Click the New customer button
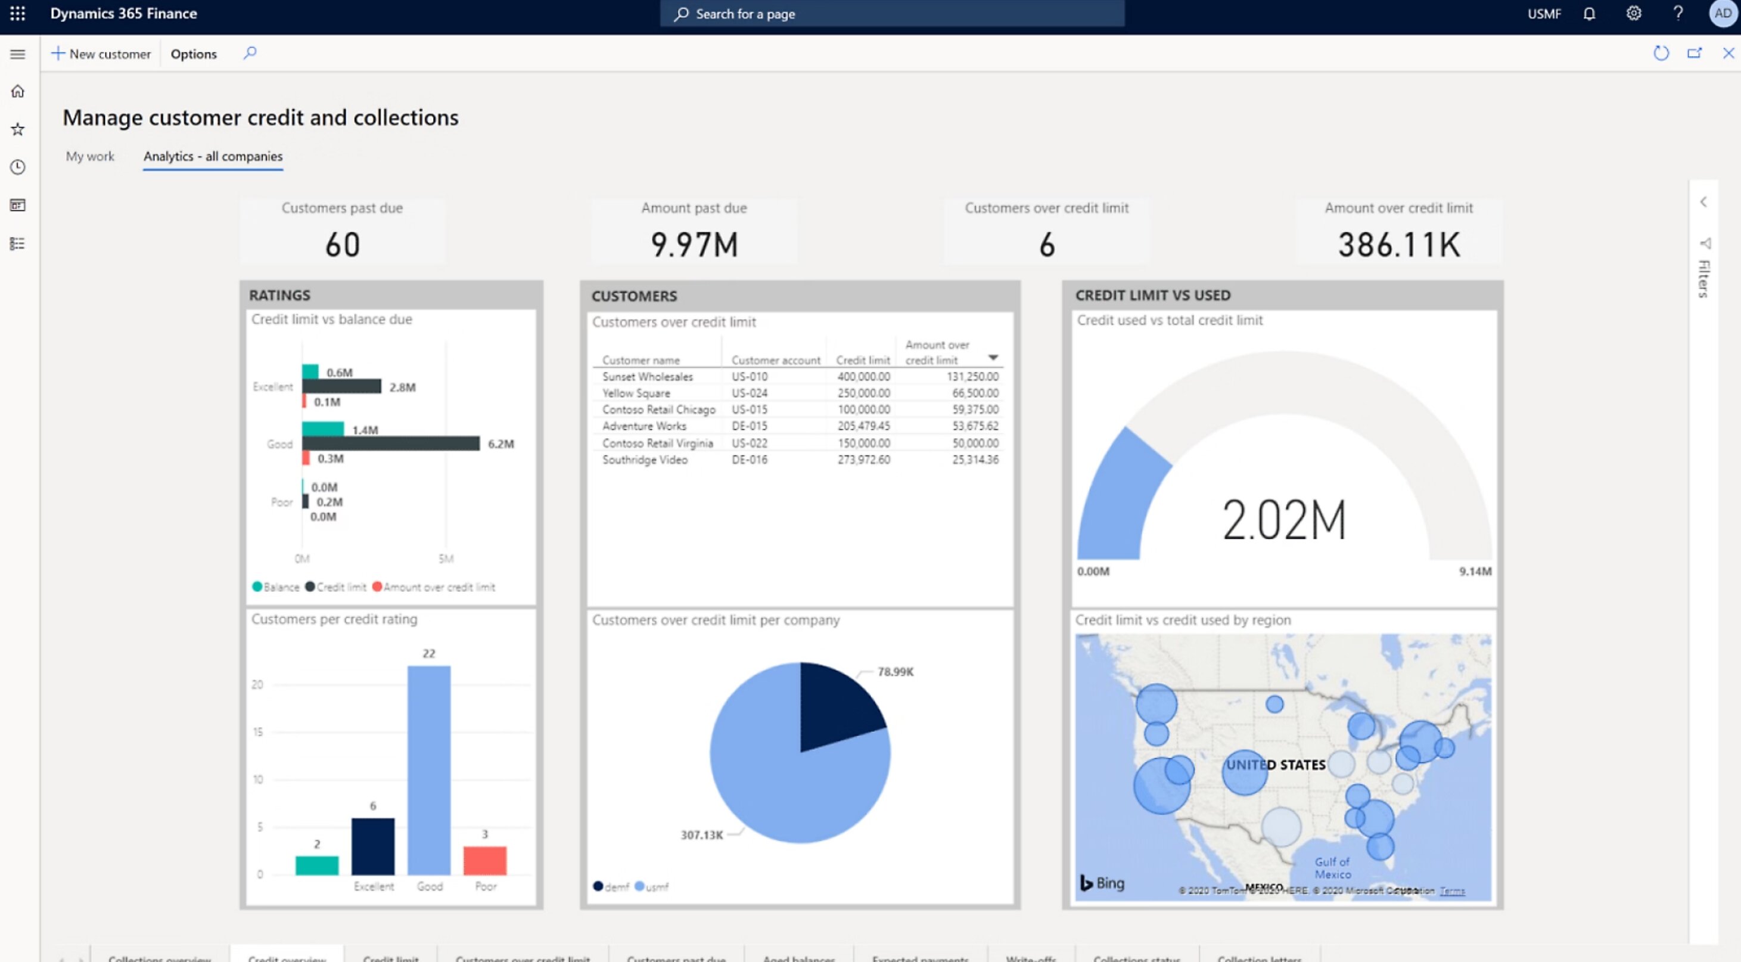[101, 54]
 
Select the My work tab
[90, 156]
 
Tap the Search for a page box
[892, 14]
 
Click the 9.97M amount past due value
[694, 245]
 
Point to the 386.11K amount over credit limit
[1398, 245]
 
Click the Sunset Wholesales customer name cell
[648, 377]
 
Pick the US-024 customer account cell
[750, 393]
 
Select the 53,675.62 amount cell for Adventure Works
[975, 426]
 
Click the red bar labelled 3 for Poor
[484, 860]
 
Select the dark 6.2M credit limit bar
[391, 443]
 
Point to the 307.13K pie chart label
[701, 835]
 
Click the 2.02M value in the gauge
[1284, 520]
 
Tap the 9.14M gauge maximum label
[1475, 571]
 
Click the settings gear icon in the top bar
[1634, 14]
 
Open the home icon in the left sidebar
[17, 91]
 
